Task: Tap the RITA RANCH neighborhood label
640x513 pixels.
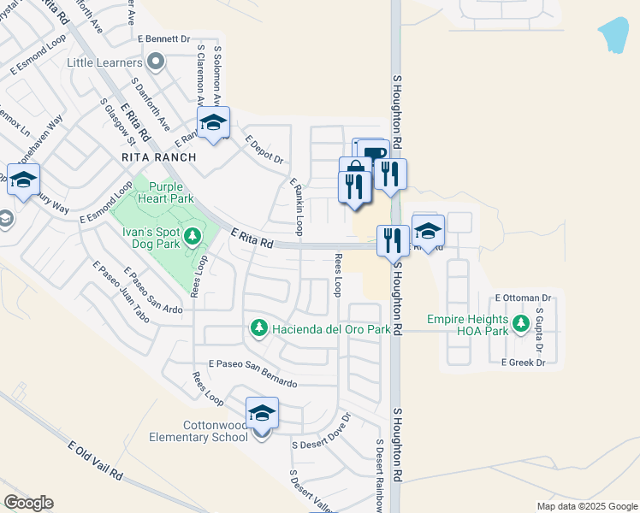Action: coord(159,157)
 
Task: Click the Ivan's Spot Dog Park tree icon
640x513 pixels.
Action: coord(193,235)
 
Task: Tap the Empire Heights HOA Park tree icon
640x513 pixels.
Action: coord(519,321)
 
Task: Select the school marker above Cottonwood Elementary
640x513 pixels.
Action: coord(262,414)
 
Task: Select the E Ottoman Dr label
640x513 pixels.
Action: coord(524,298)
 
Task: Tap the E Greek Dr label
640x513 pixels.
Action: coord(523,363)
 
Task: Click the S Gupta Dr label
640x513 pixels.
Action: coord(540,330)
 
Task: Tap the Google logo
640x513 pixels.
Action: coord(28,503)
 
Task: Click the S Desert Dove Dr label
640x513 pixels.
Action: coord(322,433)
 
